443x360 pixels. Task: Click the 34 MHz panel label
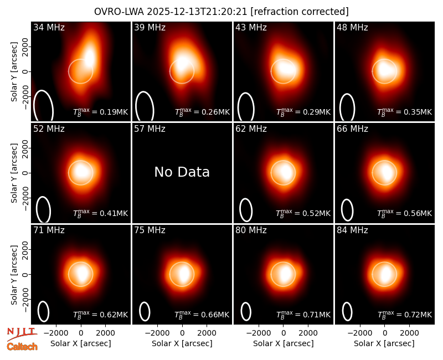coord(49,27)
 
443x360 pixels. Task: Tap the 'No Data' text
coord(182,172)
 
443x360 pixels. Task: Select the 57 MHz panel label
coord(150,129)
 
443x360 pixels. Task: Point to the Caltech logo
coord(22,347)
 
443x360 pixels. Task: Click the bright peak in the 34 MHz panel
coord(89,58)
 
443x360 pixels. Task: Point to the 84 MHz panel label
coord(352,230)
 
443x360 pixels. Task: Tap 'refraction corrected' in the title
coord(300,12)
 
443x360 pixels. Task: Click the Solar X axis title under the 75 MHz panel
coord(182,343)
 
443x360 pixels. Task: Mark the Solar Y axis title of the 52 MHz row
coord(14,173)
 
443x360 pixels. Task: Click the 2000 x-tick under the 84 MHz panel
coord(409,333)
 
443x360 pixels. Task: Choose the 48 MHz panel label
coord(352,27)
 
